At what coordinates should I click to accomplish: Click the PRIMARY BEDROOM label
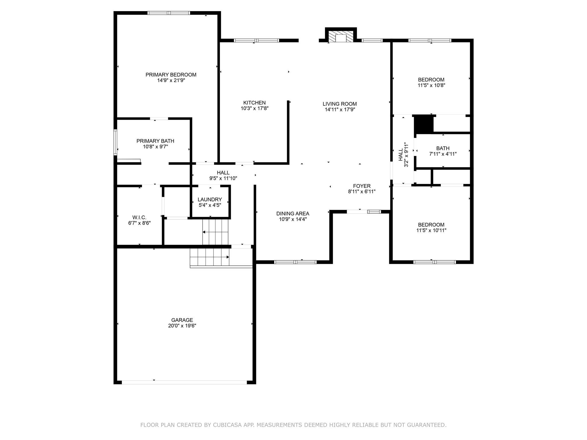(x=171, y=75)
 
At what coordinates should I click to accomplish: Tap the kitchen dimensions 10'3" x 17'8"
(x=255, y=109)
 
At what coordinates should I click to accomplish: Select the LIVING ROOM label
(x=340, y=104)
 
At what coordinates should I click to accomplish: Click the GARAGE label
(x=182, y=320)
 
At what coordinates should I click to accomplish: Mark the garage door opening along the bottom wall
(x=184, y=382)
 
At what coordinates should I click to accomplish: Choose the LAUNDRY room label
(x=210, y=200)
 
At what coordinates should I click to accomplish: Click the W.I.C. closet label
(x=139, y=217)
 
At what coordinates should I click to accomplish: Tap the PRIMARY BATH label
(x=155, y=141)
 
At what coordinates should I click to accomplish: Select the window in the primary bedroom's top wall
(x=169, y=13)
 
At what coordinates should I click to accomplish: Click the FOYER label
(x=362, y=186)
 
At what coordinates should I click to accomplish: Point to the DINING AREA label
(x=293, y=213)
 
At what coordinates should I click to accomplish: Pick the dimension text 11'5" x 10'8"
(x=431, y=85)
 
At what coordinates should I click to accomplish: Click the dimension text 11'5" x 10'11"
(x=431, y=230)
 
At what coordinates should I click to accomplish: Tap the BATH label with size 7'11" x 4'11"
(x=443, y=148)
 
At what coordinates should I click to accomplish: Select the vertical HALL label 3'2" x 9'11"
(x=403, y=155)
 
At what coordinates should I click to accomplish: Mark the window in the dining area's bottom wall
(x=295, y=262)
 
